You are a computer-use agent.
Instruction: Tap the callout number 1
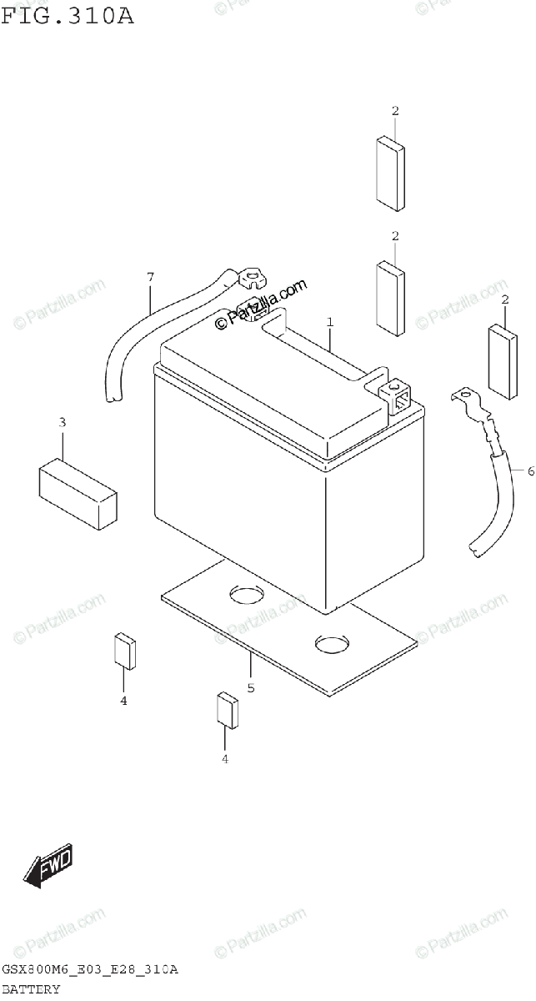pos(330,321)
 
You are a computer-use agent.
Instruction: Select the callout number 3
pos(62,423)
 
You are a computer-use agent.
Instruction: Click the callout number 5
pos(250,688)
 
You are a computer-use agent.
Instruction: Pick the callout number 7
pos(150,276)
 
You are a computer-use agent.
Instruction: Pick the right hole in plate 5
pos(333,644)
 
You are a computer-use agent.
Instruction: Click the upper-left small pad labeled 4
pos(124,651)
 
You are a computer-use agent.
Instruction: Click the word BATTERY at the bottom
pos(31,989)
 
